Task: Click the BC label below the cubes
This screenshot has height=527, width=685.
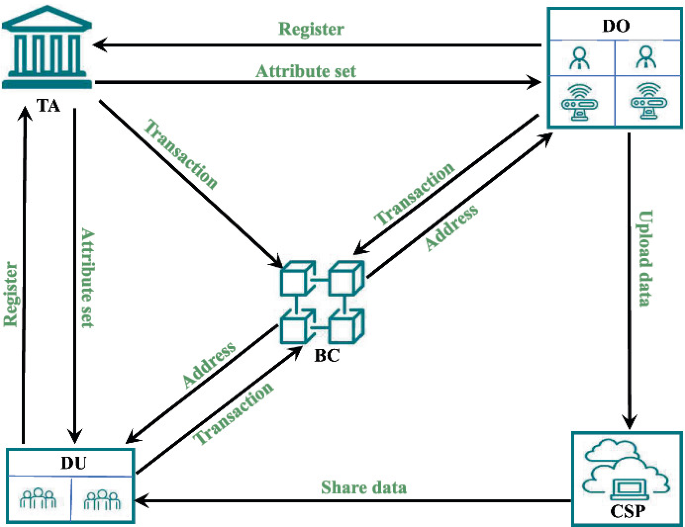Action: pos(326,356)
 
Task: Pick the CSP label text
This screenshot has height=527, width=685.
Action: pos(626,513)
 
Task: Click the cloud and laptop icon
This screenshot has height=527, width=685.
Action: pos(626,468)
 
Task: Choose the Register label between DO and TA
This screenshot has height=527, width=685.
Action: pos(310,29)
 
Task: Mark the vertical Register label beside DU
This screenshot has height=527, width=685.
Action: pos(12,295)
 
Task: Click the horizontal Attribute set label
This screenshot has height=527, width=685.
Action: pos(305,71)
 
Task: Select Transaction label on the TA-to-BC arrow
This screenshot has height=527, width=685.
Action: pos(181,155)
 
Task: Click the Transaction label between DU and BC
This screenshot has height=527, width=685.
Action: pos(233,413)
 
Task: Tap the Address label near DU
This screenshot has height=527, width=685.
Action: pos(209,366)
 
